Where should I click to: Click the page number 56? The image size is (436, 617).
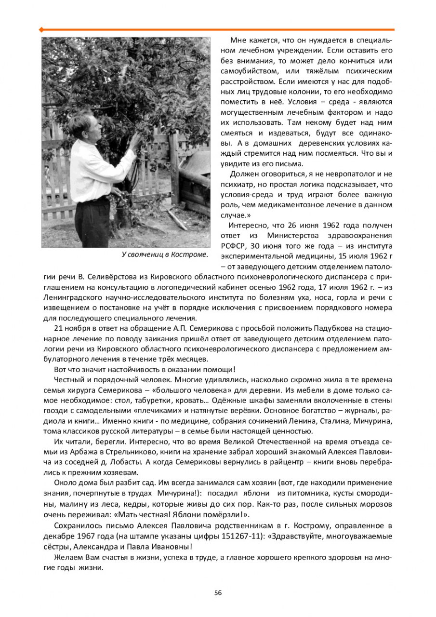(x=218, y=593)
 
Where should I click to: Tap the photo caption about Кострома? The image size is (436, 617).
(x=165, y=254)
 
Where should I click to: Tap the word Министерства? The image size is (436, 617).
(x=294, y=235)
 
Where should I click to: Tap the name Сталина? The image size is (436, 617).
(x=333, y=421)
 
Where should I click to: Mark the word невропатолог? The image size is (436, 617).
(x=356, y=174)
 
